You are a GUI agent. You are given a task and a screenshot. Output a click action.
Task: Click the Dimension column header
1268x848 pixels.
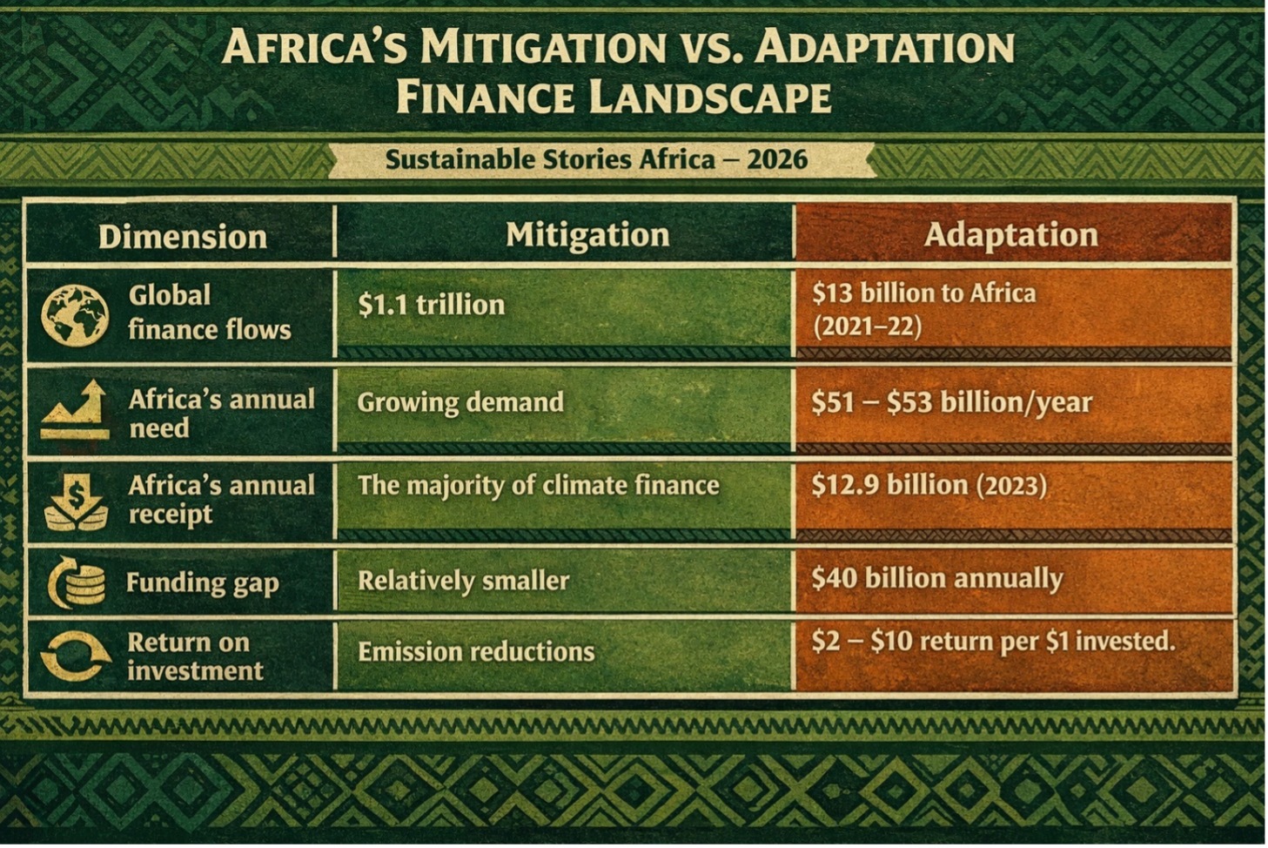pyautogui.click(x=182, y=236)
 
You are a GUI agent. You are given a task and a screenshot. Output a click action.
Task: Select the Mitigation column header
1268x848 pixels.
pyautogui.click(x=587, y=234)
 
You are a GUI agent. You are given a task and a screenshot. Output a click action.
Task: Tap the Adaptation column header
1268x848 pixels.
pyautogui.click(x=1010, y=234)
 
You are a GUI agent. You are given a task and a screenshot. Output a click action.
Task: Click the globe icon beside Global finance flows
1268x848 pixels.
pyautogui.click(x=75, y=315)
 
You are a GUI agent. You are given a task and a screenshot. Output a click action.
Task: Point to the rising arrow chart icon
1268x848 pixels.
pyautogui.click(x=75, y=410)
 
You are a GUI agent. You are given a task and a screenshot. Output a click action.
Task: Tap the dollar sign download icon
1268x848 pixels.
pyautogui.click(x=76, y=501)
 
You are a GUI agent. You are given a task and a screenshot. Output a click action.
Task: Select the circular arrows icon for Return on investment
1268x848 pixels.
pyautogui.click(x=76, y=656)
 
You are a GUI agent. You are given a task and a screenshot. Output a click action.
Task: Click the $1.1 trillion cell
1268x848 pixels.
pyautogui.click(x=432, y=305)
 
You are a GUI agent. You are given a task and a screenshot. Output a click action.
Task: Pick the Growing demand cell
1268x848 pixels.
pyautogui.click(x=460, y=402)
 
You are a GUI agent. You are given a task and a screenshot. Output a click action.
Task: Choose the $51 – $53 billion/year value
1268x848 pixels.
pyautogui.click(x=951, y=402)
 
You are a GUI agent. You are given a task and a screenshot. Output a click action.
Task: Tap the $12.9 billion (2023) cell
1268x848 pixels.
pyautogui.click(x=929, y=485)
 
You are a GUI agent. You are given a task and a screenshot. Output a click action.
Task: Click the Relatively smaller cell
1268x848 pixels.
pyautogui.click(x=463, y=581)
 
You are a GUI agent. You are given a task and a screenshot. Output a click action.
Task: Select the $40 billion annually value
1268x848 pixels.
pyautogui.click(x=936, y=579)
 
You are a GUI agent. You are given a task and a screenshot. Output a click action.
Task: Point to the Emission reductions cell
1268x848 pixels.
pyautogui.click(x=476, y=651)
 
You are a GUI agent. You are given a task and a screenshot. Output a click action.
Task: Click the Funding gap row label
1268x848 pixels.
pyautogui.click(x=203, y=582)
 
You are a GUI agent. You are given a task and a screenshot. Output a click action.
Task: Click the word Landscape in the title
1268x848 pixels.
pyautogui.click(x=710, y=98)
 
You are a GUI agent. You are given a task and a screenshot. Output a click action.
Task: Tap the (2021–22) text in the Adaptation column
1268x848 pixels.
pyautogui.click(x=867, y=326)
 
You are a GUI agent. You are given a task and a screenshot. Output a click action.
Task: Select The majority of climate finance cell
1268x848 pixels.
pyautogui.click(x=539, y=486)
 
